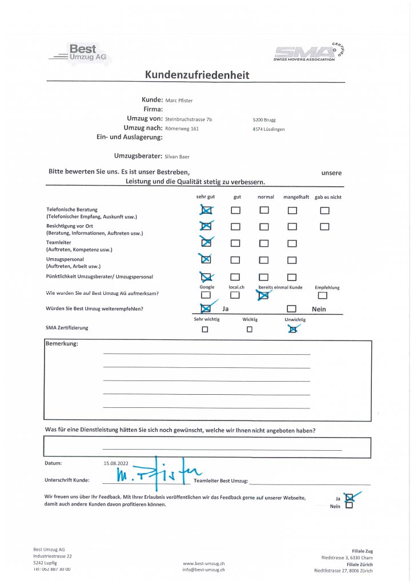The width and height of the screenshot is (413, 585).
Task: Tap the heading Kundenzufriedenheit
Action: click(197, 75)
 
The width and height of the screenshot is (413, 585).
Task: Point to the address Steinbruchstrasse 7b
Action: click(189, 119)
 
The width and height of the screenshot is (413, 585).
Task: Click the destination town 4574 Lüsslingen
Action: click(268, 129)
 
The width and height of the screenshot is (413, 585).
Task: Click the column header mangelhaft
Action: click(296, 197)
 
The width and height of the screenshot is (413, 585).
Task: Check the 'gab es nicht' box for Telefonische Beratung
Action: click(324, 210)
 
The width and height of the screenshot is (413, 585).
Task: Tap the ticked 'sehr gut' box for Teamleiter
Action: click(206, 243)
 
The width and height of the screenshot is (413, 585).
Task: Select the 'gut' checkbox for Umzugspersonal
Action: click(235, 260)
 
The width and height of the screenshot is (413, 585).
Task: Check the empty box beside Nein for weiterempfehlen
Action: click(291, 309)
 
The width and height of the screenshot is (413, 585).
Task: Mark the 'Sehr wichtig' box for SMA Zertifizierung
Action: click(205, 329)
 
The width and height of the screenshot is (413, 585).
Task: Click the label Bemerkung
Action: click(61, 344)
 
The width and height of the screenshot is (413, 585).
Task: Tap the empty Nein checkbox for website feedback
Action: click(349, 505)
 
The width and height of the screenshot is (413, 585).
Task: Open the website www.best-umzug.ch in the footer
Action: click(203, 563)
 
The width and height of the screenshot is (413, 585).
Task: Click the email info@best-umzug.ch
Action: click(203, 570)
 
